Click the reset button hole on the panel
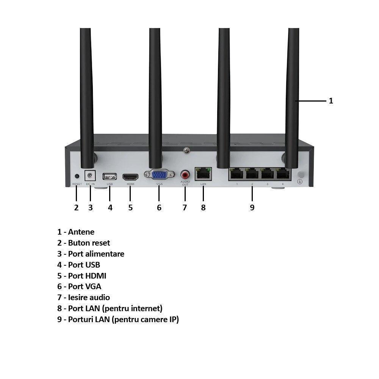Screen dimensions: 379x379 click(x=77, y=176)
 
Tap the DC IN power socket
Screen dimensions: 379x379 click(x=90, y=176)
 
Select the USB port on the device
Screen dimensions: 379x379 click(x=110, y=176)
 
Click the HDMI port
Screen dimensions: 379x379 click(x=130, y=177)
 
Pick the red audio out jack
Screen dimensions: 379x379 click(x=185, y=174)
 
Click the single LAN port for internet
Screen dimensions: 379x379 click(x=203, y=174)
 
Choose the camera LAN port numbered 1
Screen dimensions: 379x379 click(x=237, y=174)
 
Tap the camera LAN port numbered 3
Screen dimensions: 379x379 click(x=267, y=174)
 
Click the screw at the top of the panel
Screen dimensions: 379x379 click(x=186, y=150)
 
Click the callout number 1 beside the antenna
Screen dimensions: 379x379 click(x=331, y=101)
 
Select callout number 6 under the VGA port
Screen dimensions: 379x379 click(x=159, y=208)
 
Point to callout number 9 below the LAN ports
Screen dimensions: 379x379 click(x=252, y=208)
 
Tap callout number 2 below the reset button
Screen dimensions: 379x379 click(x=76, y=208)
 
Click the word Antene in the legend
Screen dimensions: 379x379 click(x=81, y=232)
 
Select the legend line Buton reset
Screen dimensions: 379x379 click(x=84, y=243)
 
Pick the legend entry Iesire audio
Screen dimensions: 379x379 click(x=84, y=298)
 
